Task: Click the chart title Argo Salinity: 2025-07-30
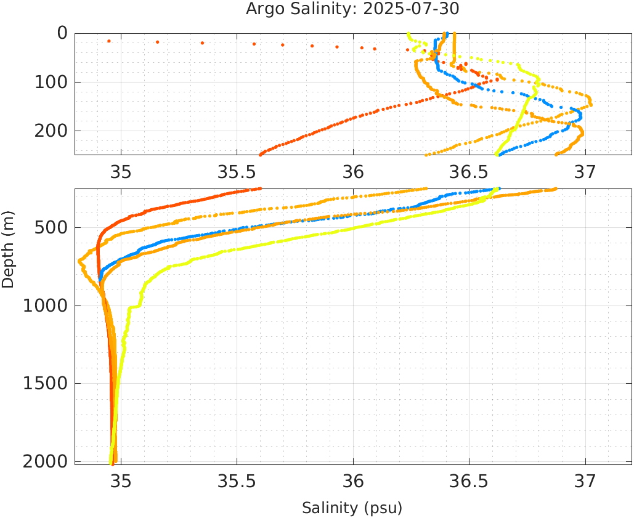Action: pos(352,9)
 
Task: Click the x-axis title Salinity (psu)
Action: pos(352,508)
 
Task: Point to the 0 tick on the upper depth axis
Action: pos(62,33)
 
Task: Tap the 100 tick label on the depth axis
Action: pos(52,82)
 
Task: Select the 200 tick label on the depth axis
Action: pos(52,131)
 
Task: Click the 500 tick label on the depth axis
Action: pos(52,228)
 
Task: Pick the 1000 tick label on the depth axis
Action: pos(47,306)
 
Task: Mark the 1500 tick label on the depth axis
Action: pos(47,383)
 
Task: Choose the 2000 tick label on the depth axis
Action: pos(47,461)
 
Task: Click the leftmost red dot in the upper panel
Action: pos(109,41)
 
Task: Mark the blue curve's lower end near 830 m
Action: pos(100,280)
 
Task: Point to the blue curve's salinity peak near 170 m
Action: pos(580,114)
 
